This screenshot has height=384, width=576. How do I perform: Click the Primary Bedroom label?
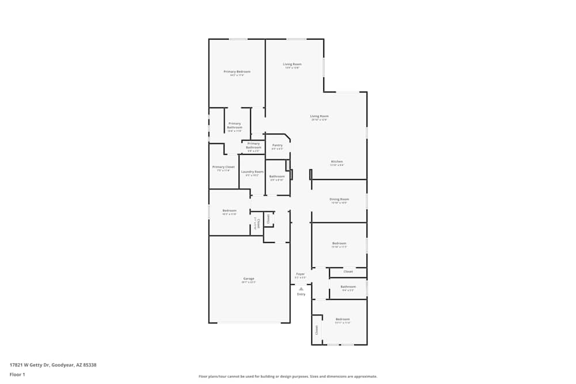coord(237,71)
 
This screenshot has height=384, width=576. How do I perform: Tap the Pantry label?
coord(277,145)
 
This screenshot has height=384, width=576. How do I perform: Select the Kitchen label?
coord(337,161)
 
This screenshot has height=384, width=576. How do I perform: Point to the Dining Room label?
coord(339,199)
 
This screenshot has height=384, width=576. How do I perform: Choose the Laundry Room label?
coord(252,172)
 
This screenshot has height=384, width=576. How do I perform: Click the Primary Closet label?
coord(223,167)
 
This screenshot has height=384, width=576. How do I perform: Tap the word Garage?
coord(249,279)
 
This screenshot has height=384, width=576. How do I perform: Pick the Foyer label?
coord(300,274)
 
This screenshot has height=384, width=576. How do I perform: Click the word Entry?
coord(301,294)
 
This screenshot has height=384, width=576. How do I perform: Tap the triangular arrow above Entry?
coord(301,288)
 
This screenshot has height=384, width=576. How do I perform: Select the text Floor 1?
coord(17,374)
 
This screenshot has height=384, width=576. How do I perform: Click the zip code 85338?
coord(90,365)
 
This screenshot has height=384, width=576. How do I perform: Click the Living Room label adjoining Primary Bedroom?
coord(292,64)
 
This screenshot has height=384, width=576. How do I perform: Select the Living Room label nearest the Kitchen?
coord(319,116)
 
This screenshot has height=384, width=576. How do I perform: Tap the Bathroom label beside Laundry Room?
coord(277,176)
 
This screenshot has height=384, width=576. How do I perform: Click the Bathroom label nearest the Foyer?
coord(348,287)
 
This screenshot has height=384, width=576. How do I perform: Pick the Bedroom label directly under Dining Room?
coord(339,243)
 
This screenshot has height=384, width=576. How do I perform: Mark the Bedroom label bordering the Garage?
coord(229,210)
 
